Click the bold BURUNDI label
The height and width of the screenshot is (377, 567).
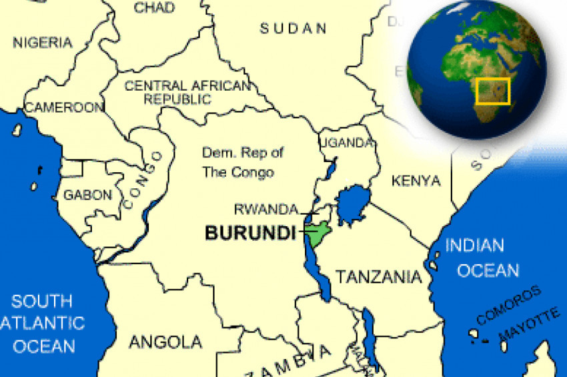250,233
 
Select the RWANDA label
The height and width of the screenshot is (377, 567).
265,210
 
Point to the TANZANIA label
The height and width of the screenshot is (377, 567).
378,276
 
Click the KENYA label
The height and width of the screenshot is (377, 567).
416,181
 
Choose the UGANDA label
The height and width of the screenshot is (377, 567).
346,143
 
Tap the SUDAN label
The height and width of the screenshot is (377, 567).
294,29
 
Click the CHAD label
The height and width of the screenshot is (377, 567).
155,7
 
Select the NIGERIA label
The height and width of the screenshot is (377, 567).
43,43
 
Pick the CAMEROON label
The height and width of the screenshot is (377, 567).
64,107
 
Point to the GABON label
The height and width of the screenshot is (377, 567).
87,196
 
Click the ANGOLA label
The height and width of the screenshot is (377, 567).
165,342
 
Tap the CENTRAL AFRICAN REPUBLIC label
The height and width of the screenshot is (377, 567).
187,92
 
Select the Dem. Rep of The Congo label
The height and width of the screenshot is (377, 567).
242,162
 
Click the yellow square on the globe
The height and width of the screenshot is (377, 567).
494,91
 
